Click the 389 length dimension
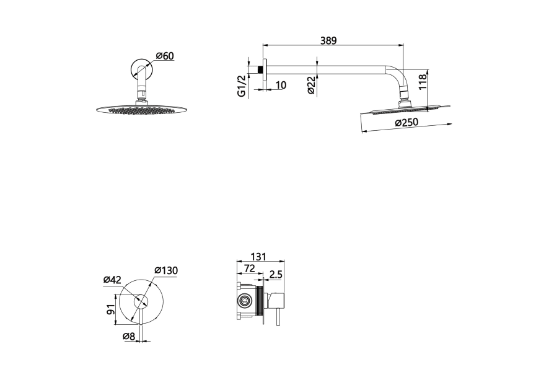328,40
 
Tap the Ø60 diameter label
165,56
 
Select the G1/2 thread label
242,86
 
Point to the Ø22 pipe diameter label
310,85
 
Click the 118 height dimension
423,82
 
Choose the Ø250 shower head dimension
406,122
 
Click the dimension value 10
281,85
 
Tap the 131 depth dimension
258,256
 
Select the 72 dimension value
250,268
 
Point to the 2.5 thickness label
276,274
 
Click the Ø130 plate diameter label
166,270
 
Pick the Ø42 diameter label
112,280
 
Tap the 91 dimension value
110,310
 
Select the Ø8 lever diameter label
129,337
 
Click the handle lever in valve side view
277,317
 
